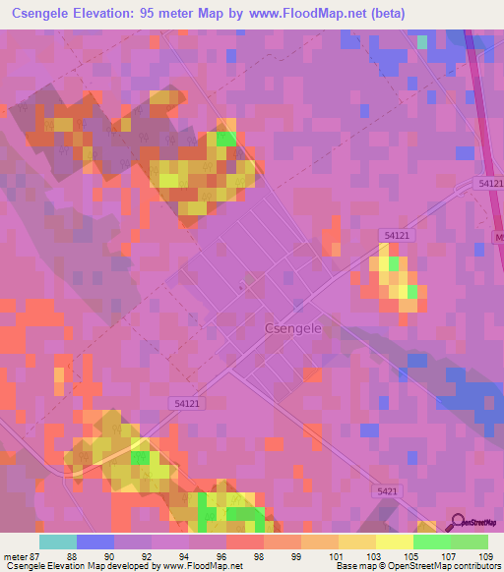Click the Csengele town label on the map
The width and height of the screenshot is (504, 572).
(x=287, y=330)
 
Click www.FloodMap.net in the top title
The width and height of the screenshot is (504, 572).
(x=313, y=14)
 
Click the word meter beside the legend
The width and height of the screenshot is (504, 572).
(x=14, y=556)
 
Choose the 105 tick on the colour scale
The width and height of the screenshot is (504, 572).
(x=412, y=556)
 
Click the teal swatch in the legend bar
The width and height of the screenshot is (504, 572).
(x=57, y=542)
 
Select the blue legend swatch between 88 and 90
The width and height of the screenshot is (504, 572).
(x=94, y=542)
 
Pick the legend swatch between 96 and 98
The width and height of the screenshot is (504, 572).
(x=244, y=542)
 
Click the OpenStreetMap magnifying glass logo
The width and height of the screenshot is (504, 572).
(x=456, y=523)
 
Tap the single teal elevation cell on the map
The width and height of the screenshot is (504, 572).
(x=422, y=41)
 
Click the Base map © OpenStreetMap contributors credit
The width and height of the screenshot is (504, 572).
(x=416, y=566)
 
